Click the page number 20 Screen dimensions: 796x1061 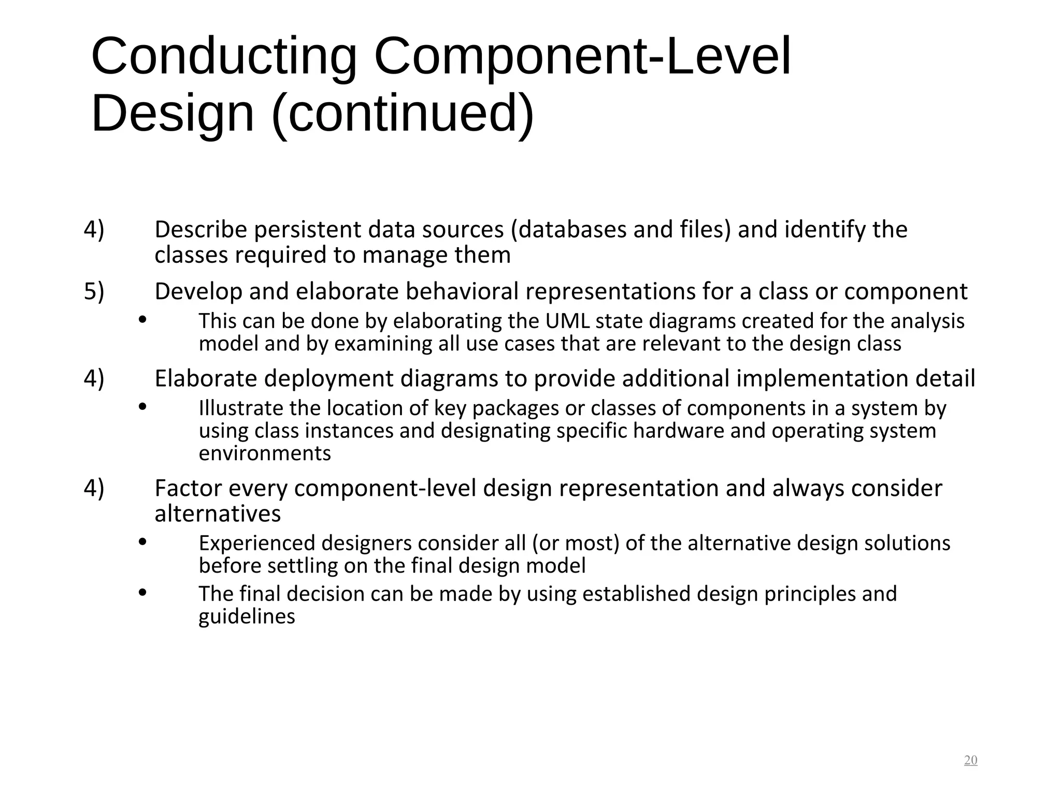970,760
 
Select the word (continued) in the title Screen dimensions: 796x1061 403,113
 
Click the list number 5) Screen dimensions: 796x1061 94,291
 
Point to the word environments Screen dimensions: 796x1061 265,453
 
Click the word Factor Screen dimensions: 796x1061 188,488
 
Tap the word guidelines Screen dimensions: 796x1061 247,617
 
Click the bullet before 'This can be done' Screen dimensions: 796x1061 143,320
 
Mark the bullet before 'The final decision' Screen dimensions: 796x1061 143,592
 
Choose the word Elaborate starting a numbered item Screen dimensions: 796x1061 206,378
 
